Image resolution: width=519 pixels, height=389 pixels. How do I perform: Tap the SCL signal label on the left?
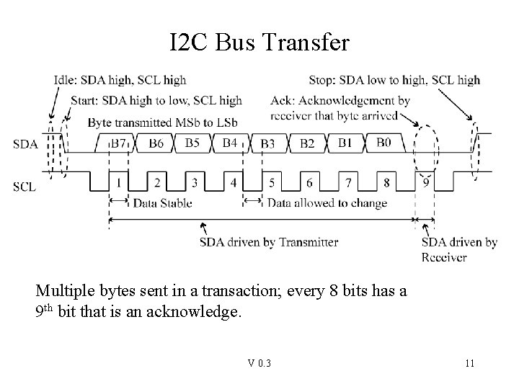[23, 187]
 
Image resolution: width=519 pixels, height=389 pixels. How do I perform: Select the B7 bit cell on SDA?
[118, 143]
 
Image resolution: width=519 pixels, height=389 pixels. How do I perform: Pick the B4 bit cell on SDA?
[229, 143]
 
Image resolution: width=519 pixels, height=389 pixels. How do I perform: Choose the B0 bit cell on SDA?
[383, 143]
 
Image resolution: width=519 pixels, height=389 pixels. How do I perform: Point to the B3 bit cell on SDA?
[268, 144]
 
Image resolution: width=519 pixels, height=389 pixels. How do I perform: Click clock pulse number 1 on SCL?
[118, 183]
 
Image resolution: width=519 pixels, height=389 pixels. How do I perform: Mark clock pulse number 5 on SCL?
[271, 183]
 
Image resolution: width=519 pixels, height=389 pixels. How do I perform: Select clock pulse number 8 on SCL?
[387, 183]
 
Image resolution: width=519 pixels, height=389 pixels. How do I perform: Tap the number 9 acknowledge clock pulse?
[426, 183]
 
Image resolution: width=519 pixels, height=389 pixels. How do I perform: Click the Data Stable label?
[162, 203]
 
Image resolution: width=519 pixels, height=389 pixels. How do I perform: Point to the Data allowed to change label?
[327, 203]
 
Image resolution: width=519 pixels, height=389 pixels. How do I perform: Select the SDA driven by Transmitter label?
[268, 242]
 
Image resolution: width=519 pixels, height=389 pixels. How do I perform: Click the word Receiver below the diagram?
[443, 257]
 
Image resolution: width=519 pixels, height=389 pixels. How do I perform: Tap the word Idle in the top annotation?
[66, 80]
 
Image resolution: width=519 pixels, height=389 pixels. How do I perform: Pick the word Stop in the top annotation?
[322, 80]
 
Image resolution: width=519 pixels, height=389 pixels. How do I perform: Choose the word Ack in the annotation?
[283, 100]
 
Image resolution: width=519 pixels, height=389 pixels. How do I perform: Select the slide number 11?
[469, 363]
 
